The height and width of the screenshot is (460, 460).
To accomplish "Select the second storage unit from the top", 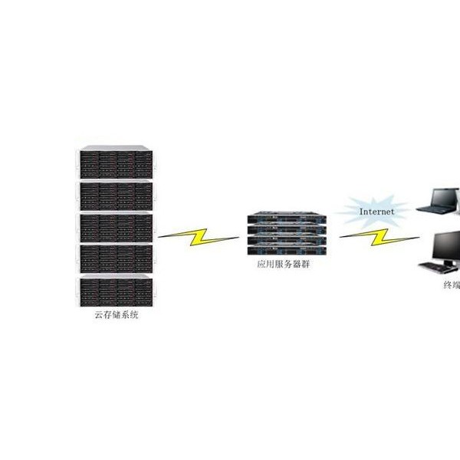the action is (x=117, y=195).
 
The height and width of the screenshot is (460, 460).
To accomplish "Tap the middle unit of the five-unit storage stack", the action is (x=117, y=228).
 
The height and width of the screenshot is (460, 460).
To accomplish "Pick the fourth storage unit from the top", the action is (x=117, y=258).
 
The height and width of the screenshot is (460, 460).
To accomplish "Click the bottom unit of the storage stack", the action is (x=117, y=291).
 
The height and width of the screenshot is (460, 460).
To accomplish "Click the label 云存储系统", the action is (x=117, y=315).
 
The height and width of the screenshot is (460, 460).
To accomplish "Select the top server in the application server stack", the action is (x=287, y=219).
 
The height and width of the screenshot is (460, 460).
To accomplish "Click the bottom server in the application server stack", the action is (x=287, y=251).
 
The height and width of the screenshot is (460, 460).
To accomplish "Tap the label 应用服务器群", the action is (x=284, y=264).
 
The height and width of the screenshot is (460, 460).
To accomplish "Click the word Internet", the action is (x=376, y=212).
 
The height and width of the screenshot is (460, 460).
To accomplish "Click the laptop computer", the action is (x=438, y=201).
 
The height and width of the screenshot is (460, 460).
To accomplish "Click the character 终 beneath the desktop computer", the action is (x=448, y=284).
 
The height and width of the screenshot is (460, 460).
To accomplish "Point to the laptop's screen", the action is (x=444, y=197).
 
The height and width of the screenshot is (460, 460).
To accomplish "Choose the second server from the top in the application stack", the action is (x=287, y=229).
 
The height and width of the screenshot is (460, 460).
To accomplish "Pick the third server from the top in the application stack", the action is (x=287, y=240).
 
